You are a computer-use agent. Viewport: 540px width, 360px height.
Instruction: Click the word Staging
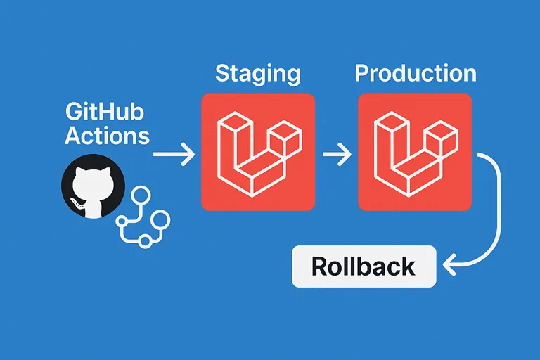click(x=257, y=74)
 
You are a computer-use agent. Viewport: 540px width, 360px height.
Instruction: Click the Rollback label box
click(x=364, y=266)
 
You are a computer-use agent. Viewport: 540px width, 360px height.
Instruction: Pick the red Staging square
click(x=258, y=151)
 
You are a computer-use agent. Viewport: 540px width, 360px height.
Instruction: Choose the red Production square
click(x=414, y=151)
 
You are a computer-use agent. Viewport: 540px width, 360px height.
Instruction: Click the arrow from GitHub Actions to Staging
click(x=174, y=153)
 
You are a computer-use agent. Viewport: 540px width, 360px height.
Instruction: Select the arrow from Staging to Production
click(x=336, y=153)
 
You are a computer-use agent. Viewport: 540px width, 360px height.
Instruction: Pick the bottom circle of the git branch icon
click(x=146, y=240)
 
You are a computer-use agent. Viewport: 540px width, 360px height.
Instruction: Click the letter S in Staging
click(x=223, y=74)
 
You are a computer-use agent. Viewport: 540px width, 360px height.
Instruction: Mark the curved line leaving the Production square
click(x=497, y=211)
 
